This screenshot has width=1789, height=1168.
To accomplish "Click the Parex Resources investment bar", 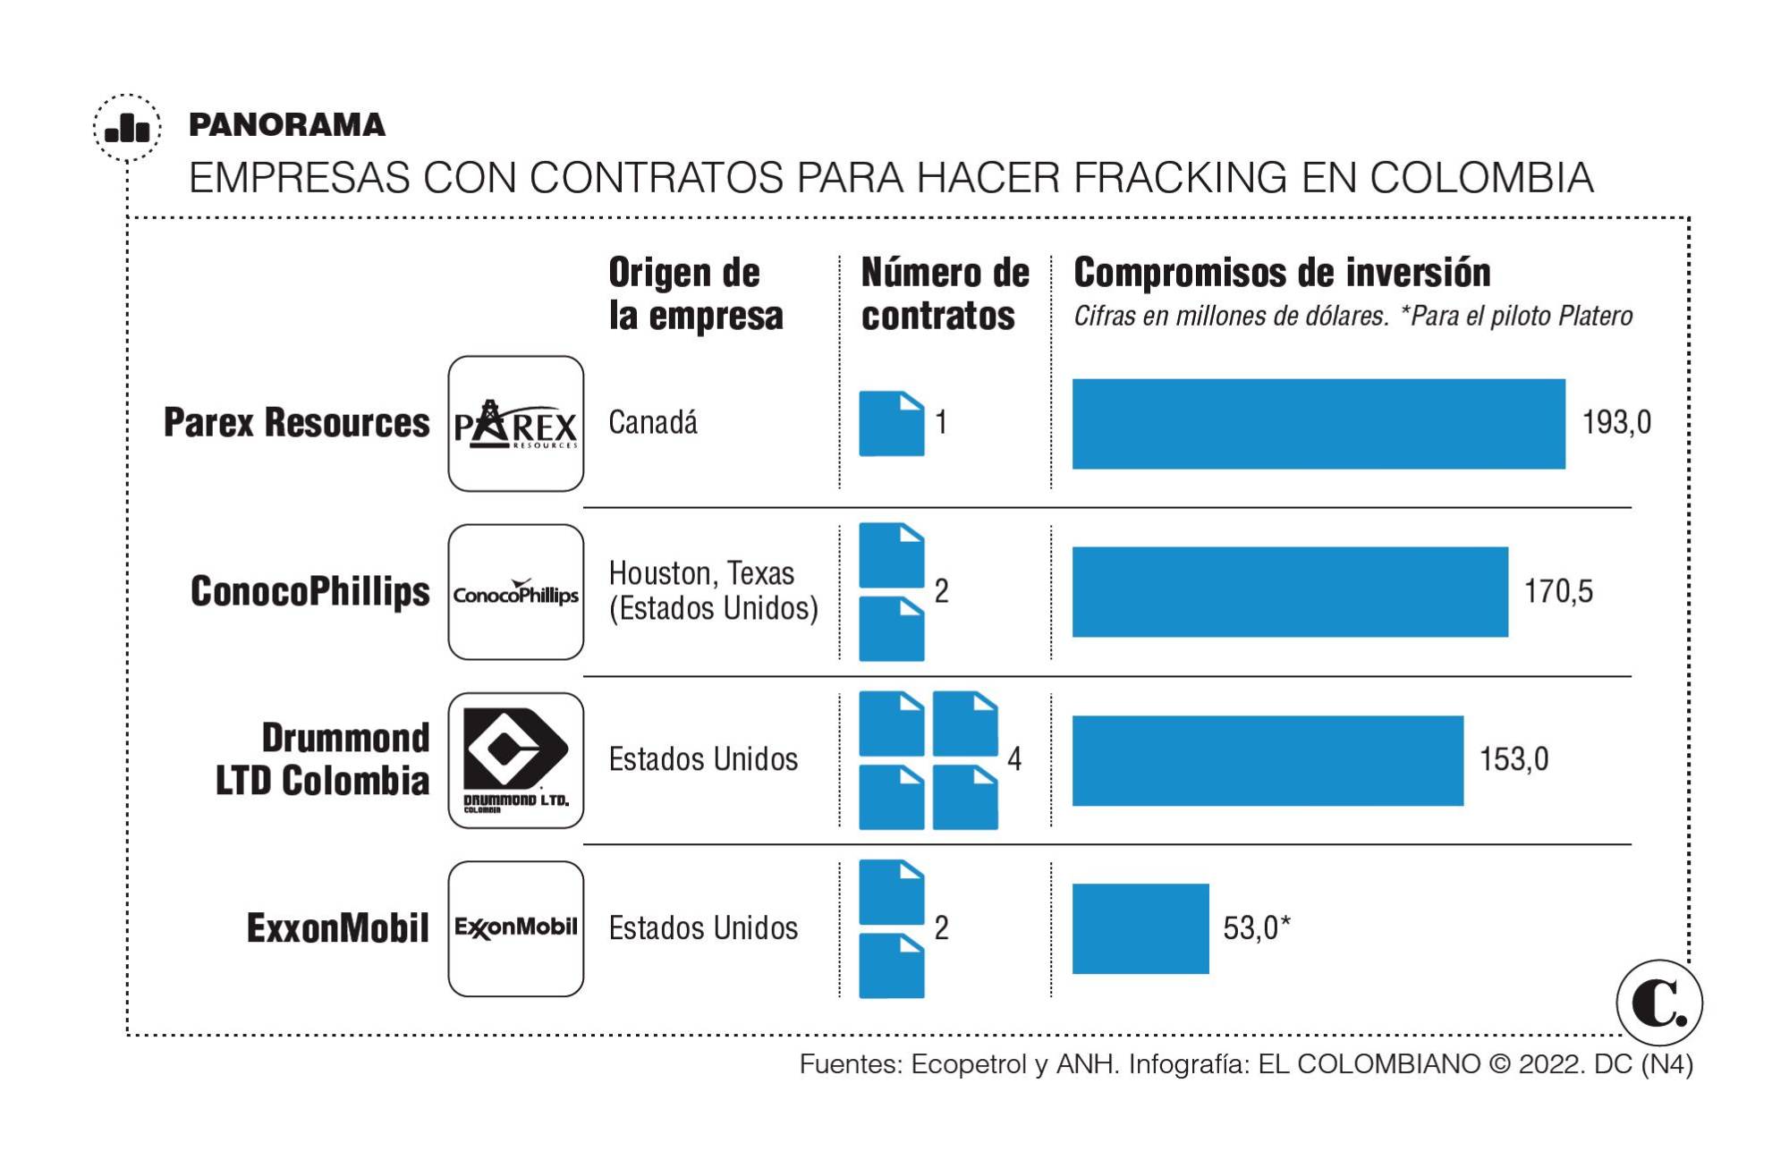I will tap(1318, 424).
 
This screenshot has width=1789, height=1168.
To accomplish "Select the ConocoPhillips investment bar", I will tap(1290, 592).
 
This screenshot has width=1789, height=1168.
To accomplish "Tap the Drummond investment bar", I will tap(1268, 760).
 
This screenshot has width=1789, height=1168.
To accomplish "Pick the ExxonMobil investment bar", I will tap(1140, 928).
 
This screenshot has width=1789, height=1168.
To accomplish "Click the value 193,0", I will tap(1616, 422).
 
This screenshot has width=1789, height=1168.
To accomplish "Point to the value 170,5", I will tap(1558, 591).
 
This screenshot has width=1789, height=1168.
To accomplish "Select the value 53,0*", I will tap(1256, 928).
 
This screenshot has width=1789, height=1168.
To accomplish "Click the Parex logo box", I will tap(516, 424).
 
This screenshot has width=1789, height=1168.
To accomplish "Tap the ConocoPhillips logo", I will tap(516, 592).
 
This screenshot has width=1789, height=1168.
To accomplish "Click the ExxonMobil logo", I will tap(516, 928).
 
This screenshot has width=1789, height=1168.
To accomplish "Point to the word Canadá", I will tap(653, 422).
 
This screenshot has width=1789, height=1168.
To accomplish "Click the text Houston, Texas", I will tap(701, 573).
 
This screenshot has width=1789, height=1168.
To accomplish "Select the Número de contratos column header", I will tap(945, 294).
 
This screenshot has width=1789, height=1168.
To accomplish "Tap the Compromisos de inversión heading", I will tap(1281, 273).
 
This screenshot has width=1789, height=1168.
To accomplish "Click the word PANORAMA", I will tap(287, 125).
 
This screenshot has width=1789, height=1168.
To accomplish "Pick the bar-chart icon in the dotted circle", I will tap(128, 128).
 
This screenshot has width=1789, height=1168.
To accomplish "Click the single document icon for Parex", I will tap(891, 424).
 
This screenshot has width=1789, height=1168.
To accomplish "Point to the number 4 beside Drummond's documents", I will tap(1014, 759).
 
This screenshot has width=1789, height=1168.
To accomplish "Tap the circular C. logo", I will tap(1659, 1003).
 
